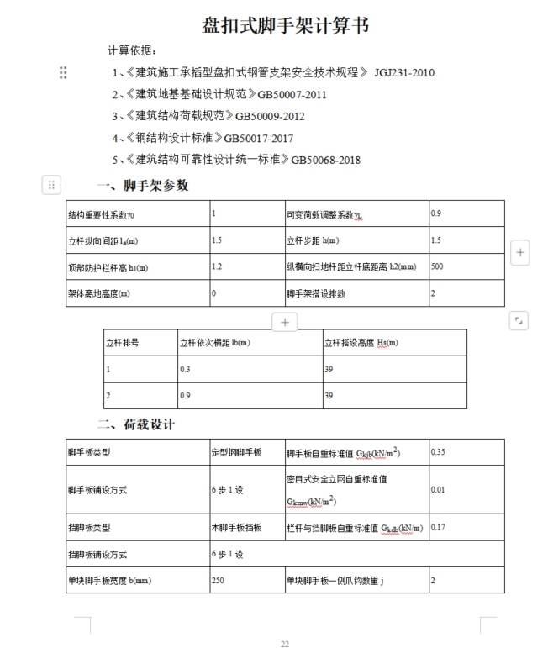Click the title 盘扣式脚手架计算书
[x=285, y=25]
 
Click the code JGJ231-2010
[x=404, y=73]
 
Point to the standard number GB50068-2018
[x=326, y=159]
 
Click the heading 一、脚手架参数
[x=143, y=185]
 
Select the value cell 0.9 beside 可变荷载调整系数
[x=436, y=213]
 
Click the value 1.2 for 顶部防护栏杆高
[x=217, y=267]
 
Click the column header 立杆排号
[x=122, y=343]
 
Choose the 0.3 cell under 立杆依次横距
[x=185, y=369]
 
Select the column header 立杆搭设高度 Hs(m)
[x=361, y=343]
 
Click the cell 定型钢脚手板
[x=236, y=452]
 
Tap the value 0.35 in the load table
[x=439, y=452]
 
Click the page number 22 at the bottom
[x=285, y=644]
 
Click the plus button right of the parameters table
[x=520, y=252]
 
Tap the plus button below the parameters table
[x=285, y=322]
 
